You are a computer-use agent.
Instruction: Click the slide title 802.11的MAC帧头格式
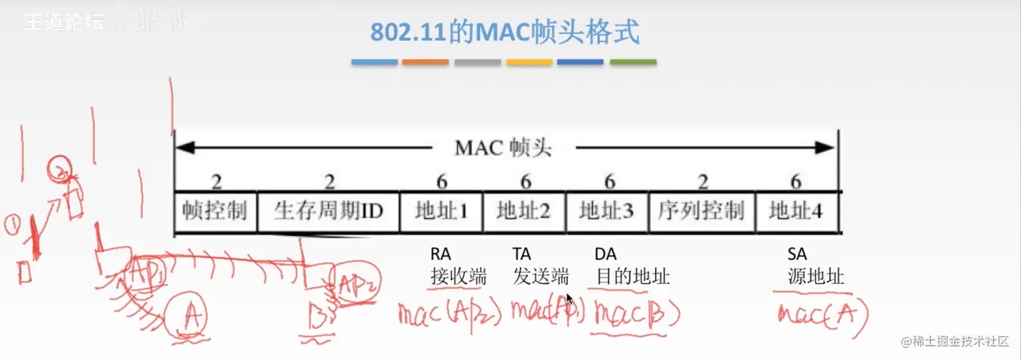pyautogui.click(x=504, y=32)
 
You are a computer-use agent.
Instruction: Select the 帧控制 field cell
pyautogui.click(x=215, y=211)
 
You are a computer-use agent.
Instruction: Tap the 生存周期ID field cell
pyautogui.click(x=328, y=211)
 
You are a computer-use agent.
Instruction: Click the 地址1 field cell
pyautogui.click(x=442, y=211)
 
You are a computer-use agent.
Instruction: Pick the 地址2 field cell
pyautogui.click(x=523, y=211)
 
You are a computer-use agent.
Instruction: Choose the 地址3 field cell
pyautogui.click(x=606, y=211)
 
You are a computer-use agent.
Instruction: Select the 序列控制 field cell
pyautogui.click(x=701, y=211)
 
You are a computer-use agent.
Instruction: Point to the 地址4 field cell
pyautogui.click(x=795, y=211)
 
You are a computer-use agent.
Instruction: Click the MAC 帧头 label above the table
pyautogui.click(x=503, y=148)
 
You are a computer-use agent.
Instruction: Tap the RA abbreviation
pyautogui.click(x=440, y=255)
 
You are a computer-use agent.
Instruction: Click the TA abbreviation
pyautogui.click(x=522, y=255)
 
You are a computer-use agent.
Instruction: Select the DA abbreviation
pyautogui.click(x=606, y=255)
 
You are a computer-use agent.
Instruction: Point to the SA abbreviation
pyautogui.click(x=797, y=255)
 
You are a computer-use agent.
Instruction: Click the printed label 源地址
pyautogui.click(x=815, y=277)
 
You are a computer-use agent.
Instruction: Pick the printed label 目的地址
pyautogui.click(x=632, y=277)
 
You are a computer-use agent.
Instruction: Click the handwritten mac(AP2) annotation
pyautogui.click(x=449, y=313)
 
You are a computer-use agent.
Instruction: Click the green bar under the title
pyautogui.click(x=633, y=62)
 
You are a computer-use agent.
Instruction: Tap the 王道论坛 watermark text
pyautogui.click(x=64, y=22)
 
